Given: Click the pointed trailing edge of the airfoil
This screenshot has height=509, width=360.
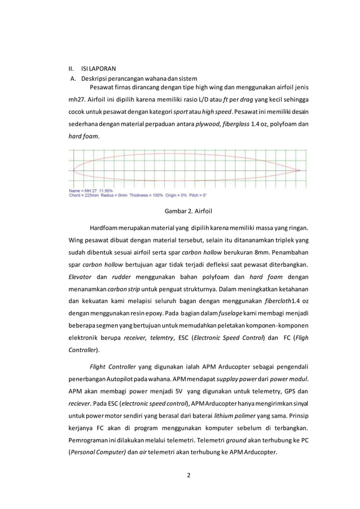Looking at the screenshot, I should pos(300,170).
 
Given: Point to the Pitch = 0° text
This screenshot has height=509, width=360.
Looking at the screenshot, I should pos(196,195).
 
